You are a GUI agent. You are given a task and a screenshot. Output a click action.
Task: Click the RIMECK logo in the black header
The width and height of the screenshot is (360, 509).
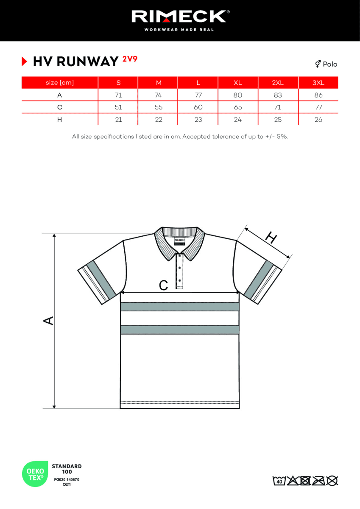(x=180, y=17)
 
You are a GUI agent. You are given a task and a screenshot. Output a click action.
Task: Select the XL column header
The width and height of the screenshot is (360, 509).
(x=237, y=83)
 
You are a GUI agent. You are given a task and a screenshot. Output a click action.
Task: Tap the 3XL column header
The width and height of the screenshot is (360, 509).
(x=318, y=83)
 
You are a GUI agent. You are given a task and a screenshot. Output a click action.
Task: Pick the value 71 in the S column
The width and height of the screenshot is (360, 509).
(x=118, y=95)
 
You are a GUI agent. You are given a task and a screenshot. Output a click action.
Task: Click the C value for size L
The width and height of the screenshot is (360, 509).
(x=198, y=107)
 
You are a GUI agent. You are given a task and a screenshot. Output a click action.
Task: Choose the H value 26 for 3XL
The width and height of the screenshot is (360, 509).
(x=318, y=120)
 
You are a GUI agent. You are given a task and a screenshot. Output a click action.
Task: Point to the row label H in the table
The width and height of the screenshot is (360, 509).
(x=59, y=120)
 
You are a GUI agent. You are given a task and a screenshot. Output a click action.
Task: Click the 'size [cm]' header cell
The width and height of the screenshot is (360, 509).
(x=59, y=83)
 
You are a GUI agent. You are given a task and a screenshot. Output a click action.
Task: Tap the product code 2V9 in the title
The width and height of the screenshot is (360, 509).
(x=130, y=59)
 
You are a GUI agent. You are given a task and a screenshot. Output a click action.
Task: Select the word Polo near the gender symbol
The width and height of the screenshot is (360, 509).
(x=330, y=64)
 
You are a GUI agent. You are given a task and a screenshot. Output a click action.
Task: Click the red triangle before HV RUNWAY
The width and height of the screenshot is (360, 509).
(x=25, y=62)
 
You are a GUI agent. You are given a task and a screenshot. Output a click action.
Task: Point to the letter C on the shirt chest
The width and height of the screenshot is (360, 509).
(x=163, y=285)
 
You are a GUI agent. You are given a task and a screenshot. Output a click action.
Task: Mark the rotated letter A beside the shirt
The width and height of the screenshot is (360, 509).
(x=49, y=321)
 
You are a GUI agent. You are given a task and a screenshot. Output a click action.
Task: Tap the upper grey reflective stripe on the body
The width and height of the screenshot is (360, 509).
(x=180, y=307)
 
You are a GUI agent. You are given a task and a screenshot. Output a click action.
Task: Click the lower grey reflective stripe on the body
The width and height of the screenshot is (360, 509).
(x=180, y=330)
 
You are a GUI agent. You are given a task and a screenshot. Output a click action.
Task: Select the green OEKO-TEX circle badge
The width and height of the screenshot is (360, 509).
(x=35, y=474)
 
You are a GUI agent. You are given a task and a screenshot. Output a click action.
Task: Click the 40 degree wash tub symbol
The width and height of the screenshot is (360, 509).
(x=279, y=481)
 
